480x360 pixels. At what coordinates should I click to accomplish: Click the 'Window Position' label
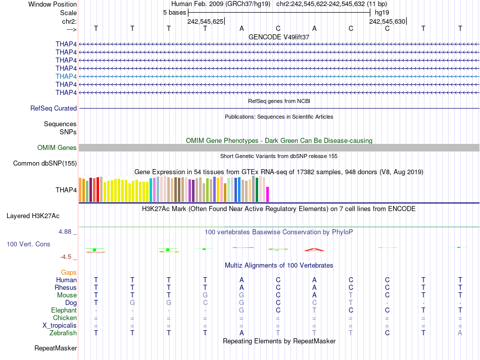pyautogui.click(x=53, y=4)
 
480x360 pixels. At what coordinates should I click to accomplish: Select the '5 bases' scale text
pyautogui.click(x=174, y=12)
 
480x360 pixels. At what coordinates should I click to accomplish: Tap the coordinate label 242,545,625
pyautogui.click(x=205, y=21)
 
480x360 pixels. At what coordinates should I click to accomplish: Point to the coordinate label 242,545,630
pyautogui.click(x=387, y=21)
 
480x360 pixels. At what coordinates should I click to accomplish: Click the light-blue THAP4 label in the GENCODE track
pyautogui.click(x=66, y=76)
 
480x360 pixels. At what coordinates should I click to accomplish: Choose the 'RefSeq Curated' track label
pyautogui.click(x=54, y=108)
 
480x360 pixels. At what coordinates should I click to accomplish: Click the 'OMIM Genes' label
pyautogui.click(x=57, y=147)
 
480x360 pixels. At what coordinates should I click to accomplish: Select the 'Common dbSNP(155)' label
pyautogui.click(x=45, y=163)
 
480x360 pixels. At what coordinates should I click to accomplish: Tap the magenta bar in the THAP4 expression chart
pyautogui.click(x=268, y=194)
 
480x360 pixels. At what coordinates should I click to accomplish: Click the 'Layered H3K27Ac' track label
pyautogui.click(x=33, y=216)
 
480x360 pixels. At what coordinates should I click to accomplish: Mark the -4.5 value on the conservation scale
pyautogui.click(x=67, y=256)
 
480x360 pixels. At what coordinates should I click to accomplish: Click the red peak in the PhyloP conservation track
pyautogui.click(x=314, y=249)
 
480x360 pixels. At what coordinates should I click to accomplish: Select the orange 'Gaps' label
pyautogui.click(x=69, y=272)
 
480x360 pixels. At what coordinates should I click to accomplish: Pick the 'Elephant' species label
pyautogui.click(x=64, y=310)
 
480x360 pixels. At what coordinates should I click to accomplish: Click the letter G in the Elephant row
pyautogui.click(x=242, y=310)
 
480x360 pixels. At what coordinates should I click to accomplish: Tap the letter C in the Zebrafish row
pyautogui.click(x=387, y=333)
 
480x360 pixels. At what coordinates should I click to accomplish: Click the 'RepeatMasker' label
pyautogui.click(x=56, y=348)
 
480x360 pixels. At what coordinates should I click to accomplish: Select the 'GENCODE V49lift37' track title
pyautogui.click(x=279, y=37)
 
